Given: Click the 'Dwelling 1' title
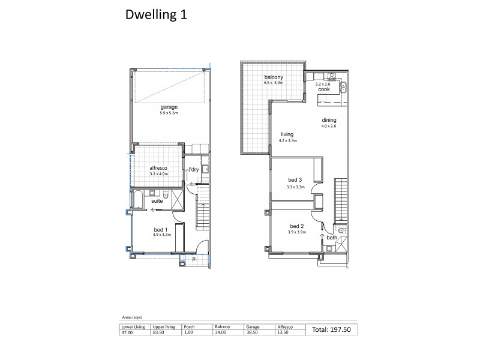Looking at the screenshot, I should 155,15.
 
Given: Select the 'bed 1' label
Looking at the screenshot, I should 160,229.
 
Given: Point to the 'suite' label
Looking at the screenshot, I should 158,202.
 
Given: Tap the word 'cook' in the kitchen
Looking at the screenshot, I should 324,89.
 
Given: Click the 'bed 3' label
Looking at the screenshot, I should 294,181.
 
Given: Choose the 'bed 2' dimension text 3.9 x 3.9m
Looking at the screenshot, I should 296,232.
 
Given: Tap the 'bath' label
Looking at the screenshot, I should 332,238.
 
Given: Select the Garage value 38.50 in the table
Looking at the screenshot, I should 253,333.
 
